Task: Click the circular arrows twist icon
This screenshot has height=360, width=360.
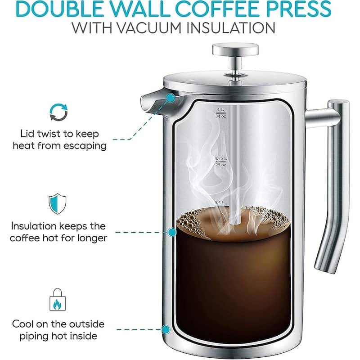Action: pyautogui.click(x=59, y=112)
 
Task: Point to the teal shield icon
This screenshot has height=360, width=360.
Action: pyautogui.click(x=58, y=204)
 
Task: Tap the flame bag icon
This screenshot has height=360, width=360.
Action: pyautogui.click(x=58, y=300)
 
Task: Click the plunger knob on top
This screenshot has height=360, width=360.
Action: pyautogui.click(x=235, y=49)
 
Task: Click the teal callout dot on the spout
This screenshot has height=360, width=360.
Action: pyautogui.click(x=171, y=98)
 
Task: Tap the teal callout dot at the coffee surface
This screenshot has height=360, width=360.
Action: pyautogui.click(x=172, y=232)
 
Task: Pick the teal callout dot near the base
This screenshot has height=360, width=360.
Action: pyautogui.click(x=166, y=330)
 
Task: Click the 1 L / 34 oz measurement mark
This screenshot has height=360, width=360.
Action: pyautogui.click(x=220, y=113)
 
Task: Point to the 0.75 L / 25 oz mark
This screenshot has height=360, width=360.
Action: pyautogui.click(x=220, y=162)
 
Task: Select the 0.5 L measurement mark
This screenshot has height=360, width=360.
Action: pyautogui.click(x=220, y=203)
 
